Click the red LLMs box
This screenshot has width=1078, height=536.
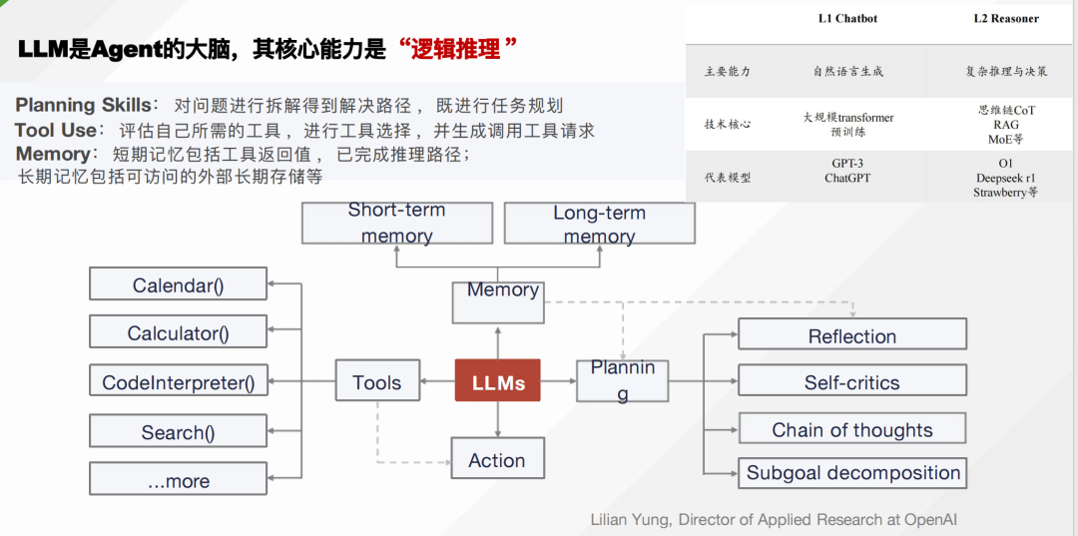[x=497, y=380]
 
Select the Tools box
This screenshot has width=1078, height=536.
[x=376, y=381]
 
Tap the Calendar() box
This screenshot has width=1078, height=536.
[x=178, y=284]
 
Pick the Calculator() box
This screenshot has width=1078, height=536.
[x=178, y=332]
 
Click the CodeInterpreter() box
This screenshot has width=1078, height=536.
[x=178, y=382]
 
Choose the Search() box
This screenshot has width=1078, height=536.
[x=178, y=432]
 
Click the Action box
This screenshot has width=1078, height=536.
[x=496, y=459]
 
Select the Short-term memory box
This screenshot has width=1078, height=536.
[x=396, y=223]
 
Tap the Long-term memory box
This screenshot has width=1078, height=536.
[x=599, y=224]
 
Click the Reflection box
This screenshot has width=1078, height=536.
[x=851, y=334]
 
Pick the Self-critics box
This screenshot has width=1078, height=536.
[x=851, y=381]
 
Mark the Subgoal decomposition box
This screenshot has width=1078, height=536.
[x=852, y=472]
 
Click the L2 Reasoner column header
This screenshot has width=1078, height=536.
[x=1005, y=19]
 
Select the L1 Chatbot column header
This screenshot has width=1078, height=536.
[x=847, y=19]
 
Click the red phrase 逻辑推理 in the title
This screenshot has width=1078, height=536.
[x=455, y=48]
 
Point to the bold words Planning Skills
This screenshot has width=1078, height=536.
[x=82, y=106]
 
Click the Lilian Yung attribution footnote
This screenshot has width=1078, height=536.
[x=774, y=519]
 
